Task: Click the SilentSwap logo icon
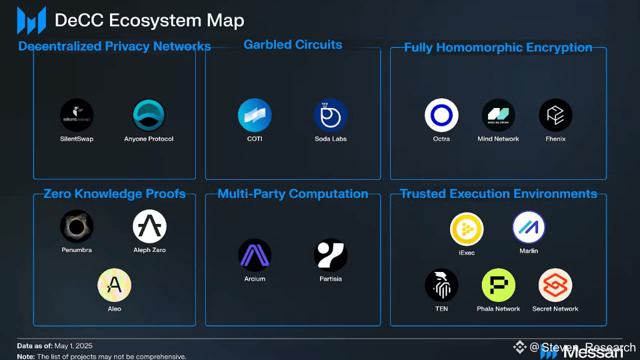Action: (x=76, y=115)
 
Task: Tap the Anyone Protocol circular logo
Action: (x=149, y=115)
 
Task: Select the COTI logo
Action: (x=254, y=115)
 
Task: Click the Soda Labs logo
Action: (x=330, y=115)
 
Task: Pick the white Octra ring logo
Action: (x=441, y=115)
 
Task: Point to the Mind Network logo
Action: (x=498, y=115)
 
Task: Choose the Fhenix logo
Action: (x=555, y=115)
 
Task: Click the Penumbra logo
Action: (x=76, y=226)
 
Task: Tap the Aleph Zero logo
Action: (x=149, y=226)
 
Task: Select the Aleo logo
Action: (x=114, y=285)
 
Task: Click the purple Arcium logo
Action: (x=254, y=255)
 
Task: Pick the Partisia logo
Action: (x=330, y=255)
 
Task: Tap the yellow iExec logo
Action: (x=466, y=229)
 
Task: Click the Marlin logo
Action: (x=528, y=227)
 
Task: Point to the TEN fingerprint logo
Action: (x=441, y=285)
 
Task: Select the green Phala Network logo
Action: (x=498, y=285)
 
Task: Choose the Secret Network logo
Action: (x=555, y=285)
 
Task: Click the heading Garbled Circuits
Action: (x=293, y=44)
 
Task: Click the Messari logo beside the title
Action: (x=31, y=20)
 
